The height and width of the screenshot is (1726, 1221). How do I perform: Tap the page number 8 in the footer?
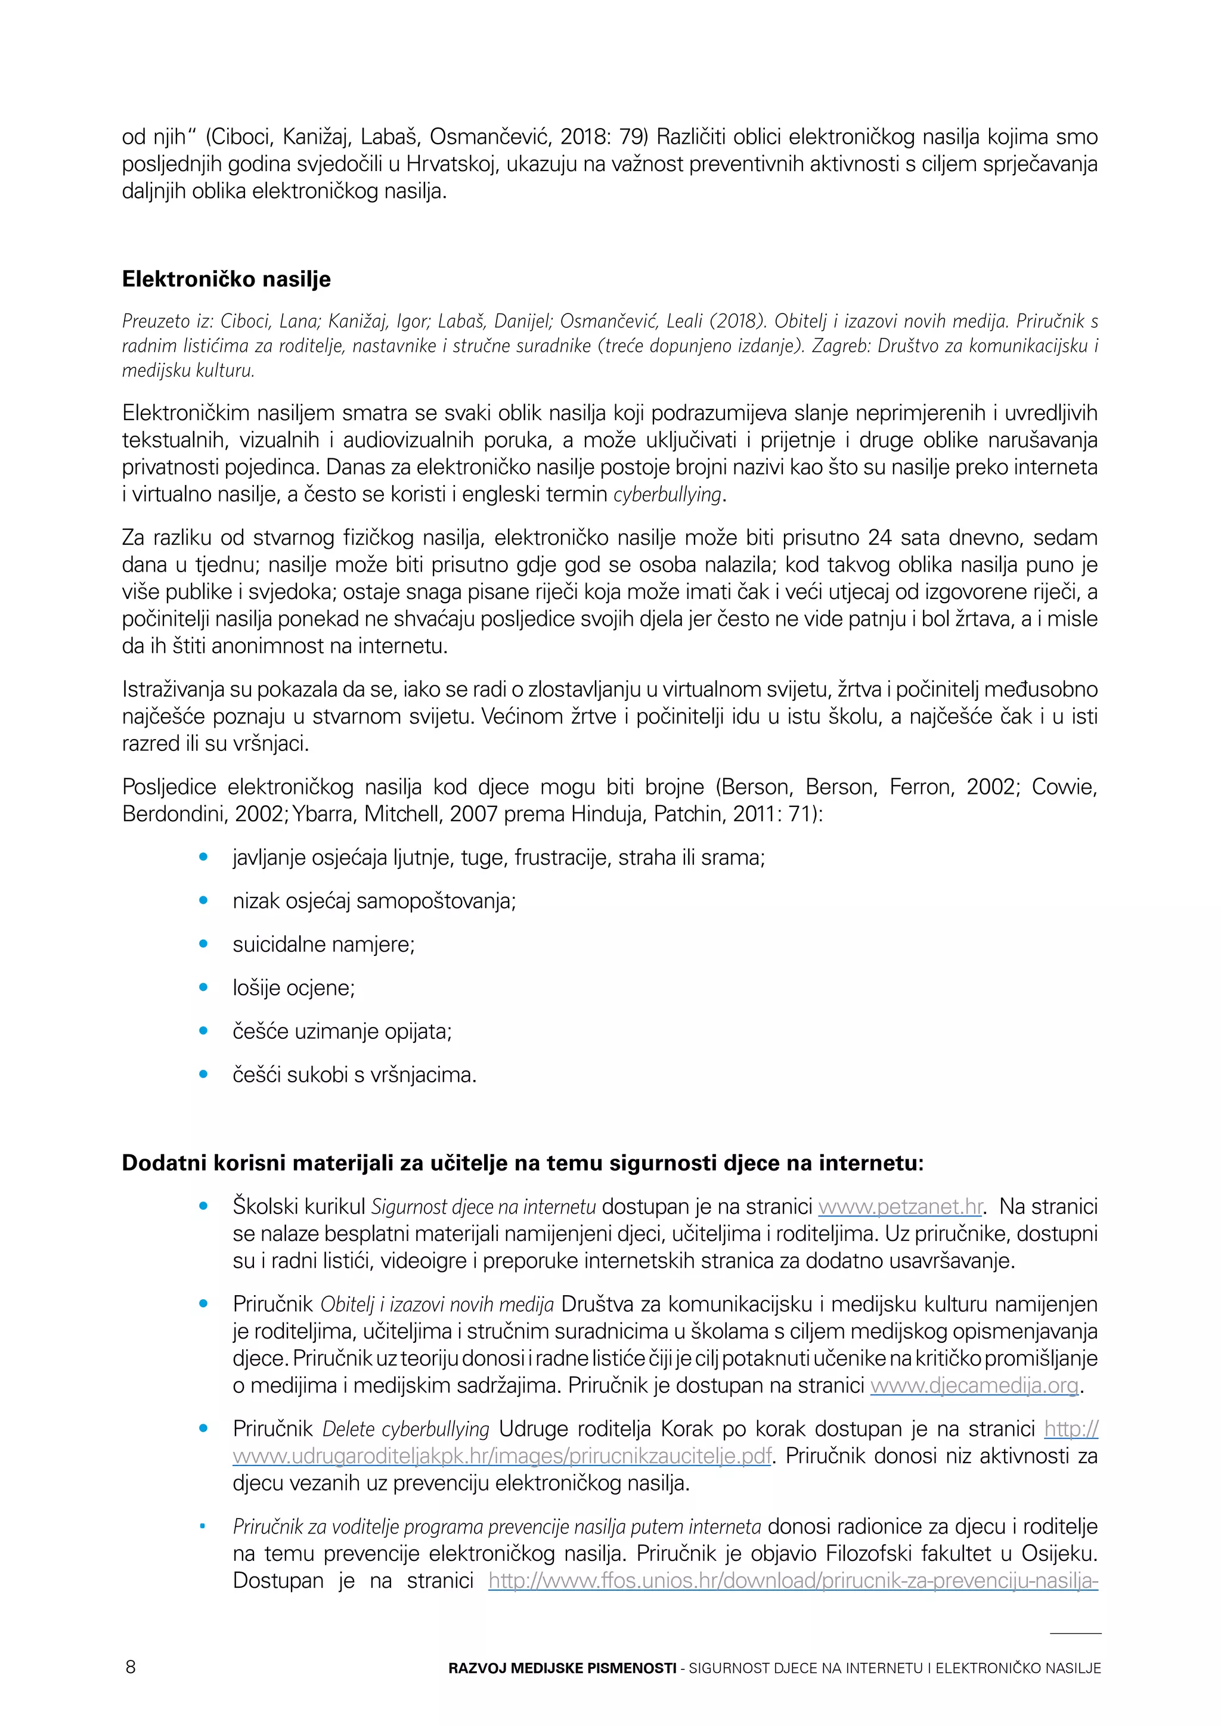(130, 1668)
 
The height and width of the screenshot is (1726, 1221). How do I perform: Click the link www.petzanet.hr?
(900, 1206)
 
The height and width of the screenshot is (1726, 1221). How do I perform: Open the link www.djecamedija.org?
(974, 1386)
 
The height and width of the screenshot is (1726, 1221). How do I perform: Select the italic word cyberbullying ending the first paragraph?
(668, 495)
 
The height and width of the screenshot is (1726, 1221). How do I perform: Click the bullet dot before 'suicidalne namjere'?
(203, 944)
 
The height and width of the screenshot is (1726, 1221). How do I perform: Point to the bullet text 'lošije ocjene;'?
(293, 988)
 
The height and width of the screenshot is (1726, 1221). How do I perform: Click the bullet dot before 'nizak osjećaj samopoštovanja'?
(203, 901)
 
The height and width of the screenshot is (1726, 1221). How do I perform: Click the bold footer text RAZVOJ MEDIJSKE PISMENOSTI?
(562, 1668)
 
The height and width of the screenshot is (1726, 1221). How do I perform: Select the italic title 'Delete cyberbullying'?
(406, 1429)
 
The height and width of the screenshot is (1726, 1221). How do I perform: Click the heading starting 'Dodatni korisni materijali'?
(522, 1163)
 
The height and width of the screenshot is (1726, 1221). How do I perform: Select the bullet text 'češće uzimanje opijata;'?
(342, 1032)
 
